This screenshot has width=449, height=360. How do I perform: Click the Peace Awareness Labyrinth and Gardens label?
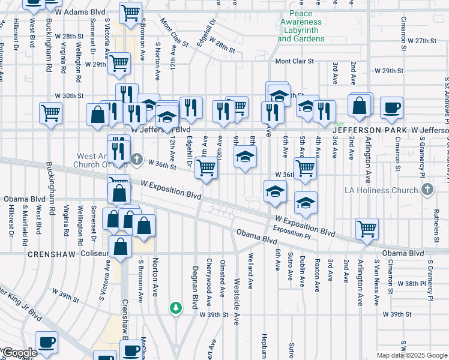point(301,26)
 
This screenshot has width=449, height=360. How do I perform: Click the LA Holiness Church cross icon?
point(427,190)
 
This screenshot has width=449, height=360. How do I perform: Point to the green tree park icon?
point(175,308)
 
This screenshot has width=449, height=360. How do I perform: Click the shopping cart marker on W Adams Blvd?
point(130,11)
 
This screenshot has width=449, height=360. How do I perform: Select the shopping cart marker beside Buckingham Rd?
point(51,112)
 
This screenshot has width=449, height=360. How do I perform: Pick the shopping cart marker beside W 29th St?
point(119,62)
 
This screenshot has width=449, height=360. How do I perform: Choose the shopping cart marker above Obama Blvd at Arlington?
point(367,228)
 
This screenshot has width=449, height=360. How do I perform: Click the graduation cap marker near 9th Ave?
point(244,158)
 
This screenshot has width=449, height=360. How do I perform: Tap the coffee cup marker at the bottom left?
point(46,341)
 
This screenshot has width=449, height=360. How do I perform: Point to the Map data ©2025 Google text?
point(411,355)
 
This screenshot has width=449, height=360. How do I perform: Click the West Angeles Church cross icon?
point(137,159)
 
